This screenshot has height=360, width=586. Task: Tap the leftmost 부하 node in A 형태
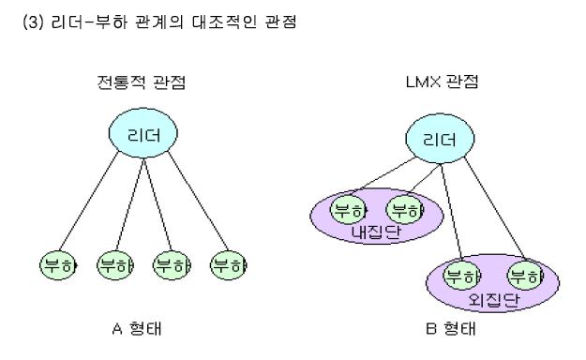pos(57,264)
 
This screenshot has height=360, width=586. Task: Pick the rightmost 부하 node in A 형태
pos(228,264)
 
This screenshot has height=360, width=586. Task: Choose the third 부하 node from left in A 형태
pos(171,264)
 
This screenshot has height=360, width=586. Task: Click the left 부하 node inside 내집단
pos(348,209)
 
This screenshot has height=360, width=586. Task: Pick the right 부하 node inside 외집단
pos(523,276)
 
